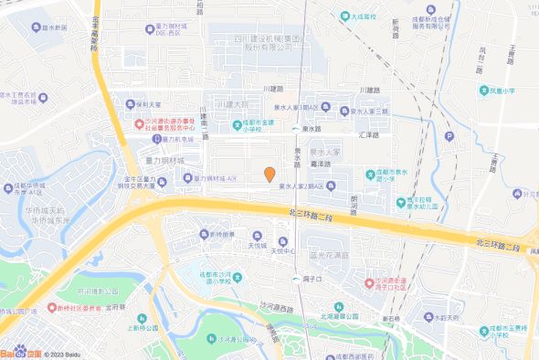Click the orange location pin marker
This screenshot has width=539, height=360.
coord(269,174)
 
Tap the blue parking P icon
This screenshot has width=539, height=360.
coord(449,137)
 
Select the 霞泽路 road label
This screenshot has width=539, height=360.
coord(320,164)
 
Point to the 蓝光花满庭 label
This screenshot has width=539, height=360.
coord(330,255)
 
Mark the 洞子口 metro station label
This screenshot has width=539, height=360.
coord(312,278)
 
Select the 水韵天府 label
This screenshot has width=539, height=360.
coord(447,317)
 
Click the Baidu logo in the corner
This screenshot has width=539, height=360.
coord(20,351)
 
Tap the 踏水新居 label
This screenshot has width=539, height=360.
coord(47,28)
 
